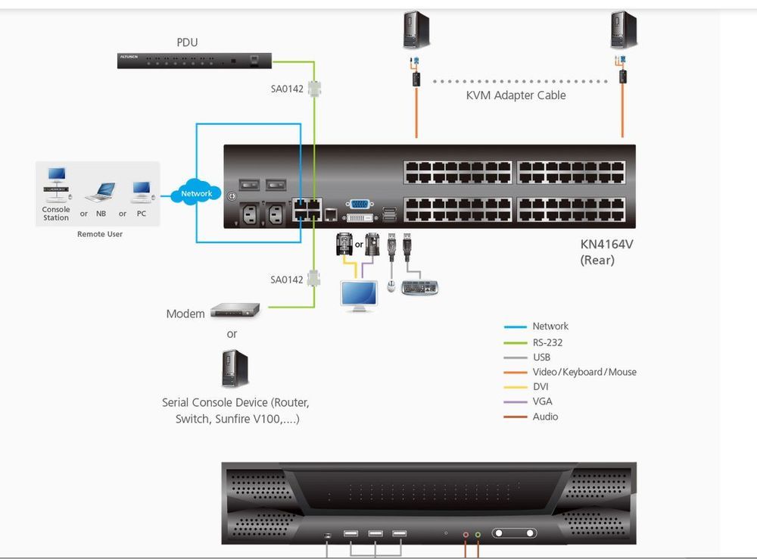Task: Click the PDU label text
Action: pos(187,42)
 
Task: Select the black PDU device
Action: pos(194,61)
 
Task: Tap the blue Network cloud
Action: pos(196,193)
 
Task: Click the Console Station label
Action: pos(56,214)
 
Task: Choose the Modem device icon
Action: pos(235,309)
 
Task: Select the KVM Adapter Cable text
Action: pos(516,95)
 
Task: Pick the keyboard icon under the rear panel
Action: pos(419,288)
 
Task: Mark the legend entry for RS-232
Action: pos(547,342)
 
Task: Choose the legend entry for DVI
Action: pos(540,386)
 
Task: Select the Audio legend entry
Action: pos(545,417)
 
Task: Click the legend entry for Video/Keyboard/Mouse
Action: pos(584,372)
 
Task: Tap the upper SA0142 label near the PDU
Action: pos(287,89)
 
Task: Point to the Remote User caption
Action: pos(99,234)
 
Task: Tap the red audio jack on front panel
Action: pos(466,534)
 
